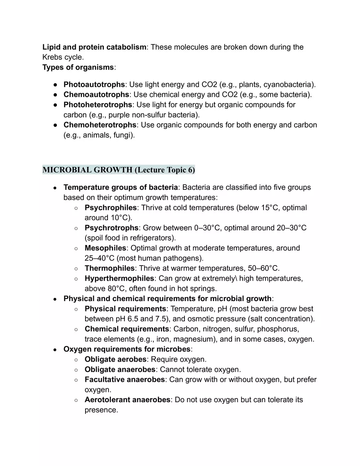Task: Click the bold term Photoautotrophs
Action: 94,85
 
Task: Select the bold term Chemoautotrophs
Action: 96,95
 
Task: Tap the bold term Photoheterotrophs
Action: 97,105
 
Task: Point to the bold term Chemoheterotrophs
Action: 99,125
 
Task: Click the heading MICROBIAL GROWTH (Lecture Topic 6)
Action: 119,169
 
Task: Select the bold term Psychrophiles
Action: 110,207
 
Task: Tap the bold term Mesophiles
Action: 105,248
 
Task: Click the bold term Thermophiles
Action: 109,268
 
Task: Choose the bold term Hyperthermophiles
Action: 119,279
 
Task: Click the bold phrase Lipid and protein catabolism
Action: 94,47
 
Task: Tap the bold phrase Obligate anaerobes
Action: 120,369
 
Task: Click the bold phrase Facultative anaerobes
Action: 124,380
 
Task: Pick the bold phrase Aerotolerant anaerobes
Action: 127,400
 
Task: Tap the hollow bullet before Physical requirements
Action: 76,309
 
